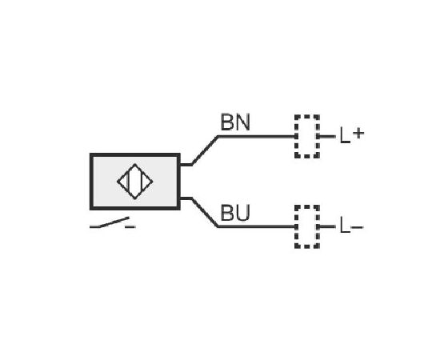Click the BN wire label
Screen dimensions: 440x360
tap(235, 122)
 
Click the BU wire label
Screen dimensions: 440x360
tap(235, 213)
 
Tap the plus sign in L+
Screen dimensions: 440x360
tap(358, 134)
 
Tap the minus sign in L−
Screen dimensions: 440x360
tap(357, 226)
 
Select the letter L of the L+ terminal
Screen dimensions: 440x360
tap(345, 135)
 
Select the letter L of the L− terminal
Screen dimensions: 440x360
tap(345, 225)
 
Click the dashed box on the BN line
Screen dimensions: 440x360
tap(307, 115)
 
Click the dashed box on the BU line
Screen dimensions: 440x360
tap(307, 206)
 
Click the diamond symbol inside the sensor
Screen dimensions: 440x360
tap(135, 165)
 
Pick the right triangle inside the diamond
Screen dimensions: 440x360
tap(146, 182)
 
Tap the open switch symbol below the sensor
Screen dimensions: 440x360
tap(113, 223)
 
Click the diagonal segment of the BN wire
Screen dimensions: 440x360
tap(205, 150)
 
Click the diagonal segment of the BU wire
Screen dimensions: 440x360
tap(205, 212)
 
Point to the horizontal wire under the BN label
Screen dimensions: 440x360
tap(257, 137)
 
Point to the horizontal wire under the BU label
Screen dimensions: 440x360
tap(257, 226)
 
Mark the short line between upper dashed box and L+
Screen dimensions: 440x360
tap(327, 137)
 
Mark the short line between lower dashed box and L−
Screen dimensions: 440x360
tap(327, 226)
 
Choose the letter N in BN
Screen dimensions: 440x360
tap(242, 122)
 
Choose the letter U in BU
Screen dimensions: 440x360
tap(242, 213)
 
